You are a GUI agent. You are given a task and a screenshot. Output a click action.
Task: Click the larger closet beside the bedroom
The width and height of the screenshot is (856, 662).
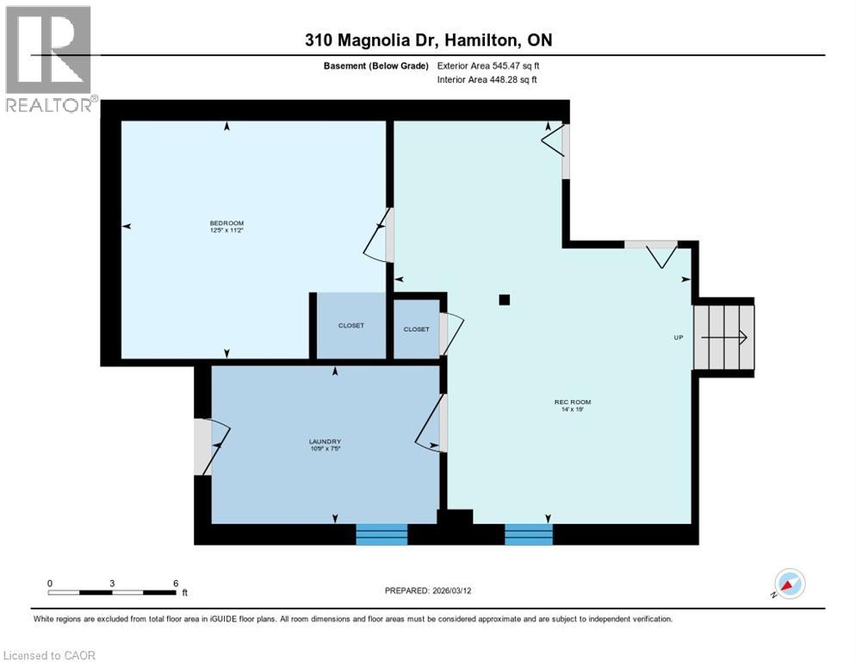click(x=350, y=326)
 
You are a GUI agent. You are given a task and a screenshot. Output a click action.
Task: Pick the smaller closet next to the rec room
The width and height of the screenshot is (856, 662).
click(x=416, y=328)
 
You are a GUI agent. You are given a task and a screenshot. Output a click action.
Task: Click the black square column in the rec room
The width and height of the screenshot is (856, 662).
click(x=505, y=300)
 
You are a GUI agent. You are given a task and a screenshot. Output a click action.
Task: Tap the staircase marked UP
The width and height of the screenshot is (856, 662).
click(x=725, y=337)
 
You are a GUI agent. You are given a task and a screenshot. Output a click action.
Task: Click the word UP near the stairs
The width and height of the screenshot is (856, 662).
click(x=678, y=337)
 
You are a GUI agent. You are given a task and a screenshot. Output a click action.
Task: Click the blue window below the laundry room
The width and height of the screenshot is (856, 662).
click(x=381, y=534)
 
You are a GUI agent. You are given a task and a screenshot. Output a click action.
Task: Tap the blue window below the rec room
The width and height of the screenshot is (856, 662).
click(x=528, y=534)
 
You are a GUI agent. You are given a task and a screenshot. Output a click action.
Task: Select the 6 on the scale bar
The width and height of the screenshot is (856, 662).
click(x=176, y=583)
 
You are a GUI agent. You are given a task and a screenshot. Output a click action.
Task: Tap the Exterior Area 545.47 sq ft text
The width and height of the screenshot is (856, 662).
click(x=488, y=66)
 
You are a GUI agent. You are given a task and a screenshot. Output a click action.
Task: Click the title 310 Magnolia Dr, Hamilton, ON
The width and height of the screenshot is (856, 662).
click(x=428, y=41)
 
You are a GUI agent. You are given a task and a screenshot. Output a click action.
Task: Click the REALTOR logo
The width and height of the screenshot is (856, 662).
click(x=49, y=59)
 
